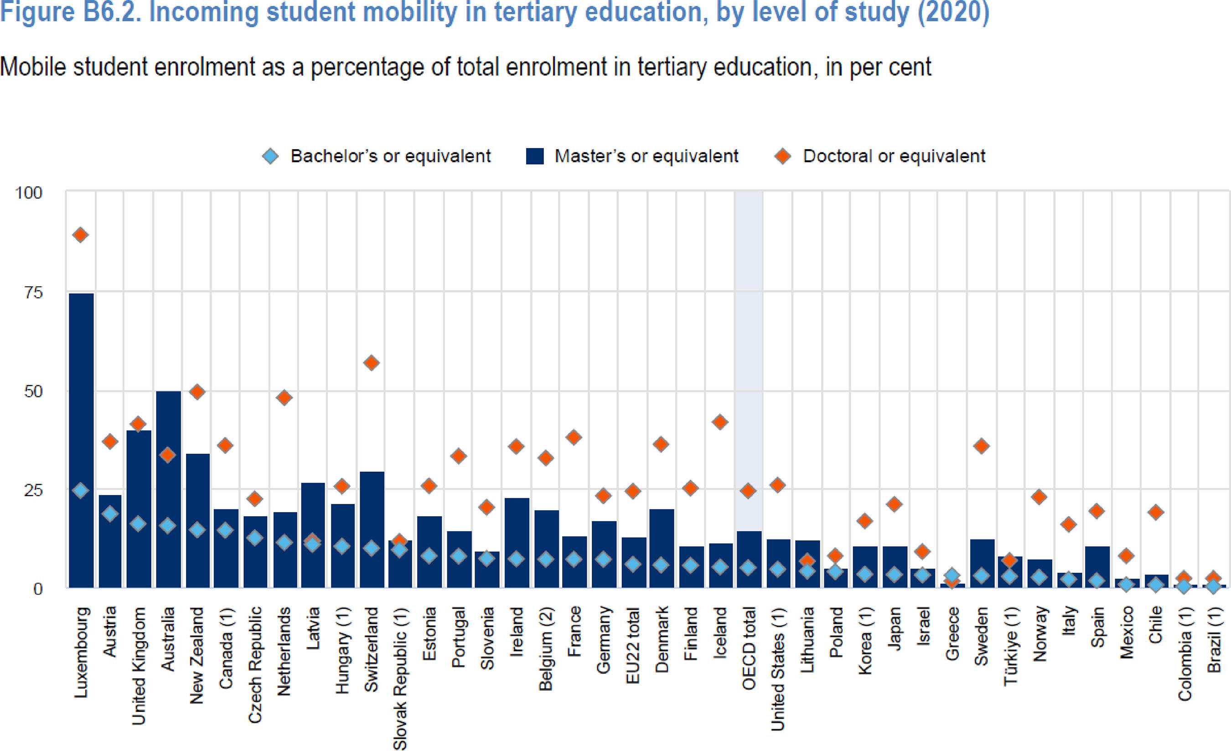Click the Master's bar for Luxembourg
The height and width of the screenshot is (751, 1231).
click(x=81, y=440)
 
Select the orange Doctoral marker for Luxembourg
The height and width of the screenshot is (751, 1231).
click(x=80, y=235)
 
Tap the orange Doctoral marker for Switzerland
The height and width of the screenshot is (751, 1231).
click(x=371, y=363)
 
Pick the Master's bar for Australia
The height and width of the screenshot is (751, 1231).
click(x=168, y=490)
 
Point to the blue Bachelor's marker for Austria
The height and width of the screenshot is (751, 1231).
click(x=110, y=513)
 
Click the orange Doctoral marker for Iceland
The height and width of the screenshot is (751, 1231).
click(x=719, y=422)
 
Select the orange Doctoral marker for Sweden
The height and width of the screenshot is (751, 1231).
click(x=981, y=446)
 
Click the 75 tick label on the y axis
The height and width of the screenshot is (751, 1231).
click(x=33, y=293)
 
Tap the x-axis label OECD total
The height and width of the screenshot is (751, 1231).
click(x=748, y=648)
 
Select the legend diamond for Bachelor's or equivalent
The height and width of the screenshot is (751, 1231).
click(x=270, y=156)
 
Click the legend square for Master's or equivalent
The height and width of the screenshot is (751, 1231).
click(x=534, y=156)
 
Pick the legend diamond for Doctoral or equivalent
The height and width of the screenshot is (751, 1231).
click(x=782, y=156)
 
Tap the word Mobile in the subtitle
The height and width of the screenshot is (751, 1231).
click(x=33, y=67)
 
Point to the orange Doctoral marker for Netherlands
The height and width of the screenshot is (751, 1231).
click(x=284, y=398)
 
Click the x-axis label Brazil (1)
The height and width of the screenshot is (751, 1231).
click(x=1214, y=640)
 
